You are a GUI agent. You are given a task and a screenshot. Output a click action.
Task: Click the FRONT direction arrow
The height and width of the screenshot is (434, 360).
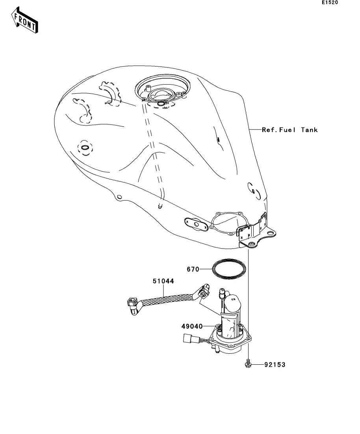[x=25, y=20]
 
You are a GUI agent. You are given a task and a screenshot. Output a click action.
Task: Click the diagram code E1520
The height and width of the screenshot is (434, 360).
[x=330, y=2]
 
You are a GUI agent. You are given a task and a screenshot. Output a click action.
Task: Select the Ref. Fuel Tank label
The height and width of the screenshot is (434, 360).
[x=289, y=130]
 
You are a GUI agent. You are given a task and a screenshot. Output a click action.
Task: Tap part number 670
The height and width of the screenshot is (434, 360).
[x=193, y=269]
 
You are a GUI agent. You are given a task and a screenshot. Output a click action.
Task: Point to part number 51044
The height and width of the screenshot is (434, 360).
[x=163, y=281]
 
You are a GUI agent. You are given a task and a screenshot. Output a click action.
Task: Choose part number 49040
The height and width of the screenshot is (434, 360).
[x=192, y=327]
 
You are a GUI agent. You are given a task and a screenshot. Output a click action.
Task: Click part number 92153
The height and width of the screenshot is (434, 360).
[x=275, y=365]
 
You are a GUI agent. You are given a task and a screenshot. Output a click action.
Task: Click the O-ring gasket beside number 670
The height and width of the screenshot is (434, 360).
[x=229, y=268]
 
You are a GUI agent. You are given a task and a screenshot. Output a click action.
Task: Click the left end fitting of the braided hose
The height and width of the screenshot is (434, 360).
[x=132, y=305]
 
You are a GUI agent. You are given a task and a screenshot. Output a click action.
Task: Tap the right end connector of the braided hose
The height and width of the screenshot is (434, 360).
[x=204, y=292]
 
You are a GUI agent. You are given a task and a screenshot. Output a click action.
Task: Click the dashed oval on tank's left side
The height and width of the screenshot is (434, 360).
[x=85, y=148]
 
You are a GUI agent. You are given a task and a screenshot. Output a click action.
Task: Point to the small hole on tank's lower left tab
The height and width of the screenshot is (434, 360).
[x=119, y=197]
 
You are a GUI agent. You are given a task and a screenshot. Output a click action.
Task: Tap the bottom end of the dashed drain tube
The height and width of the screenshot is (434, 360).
[x=160, y=206]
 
